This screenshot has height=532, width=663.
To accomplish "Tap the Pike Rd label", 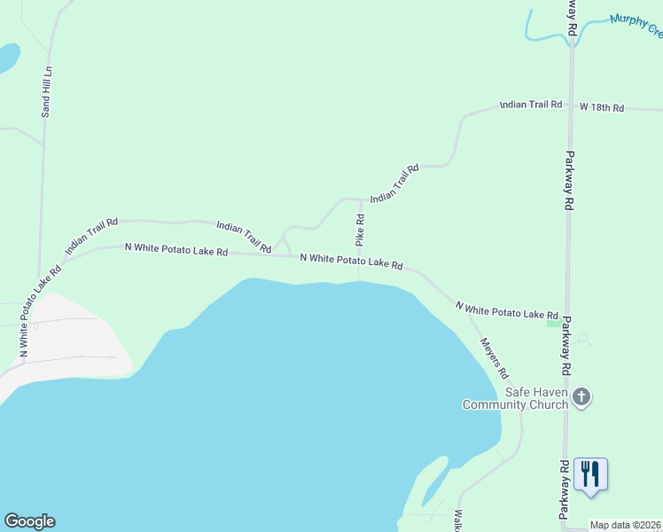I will [x=360, y=230].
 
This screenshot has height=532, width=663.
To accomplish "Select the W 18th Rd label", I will [x=602, y=107].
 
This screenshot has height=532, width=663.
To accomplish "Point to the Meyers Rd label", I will [x=493, y=358].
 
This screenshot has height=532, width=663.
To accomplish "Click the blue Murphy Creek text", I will [x=636, y=25].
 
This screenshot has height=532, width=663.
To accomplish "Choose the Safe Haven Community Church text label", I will [x=515, y=398].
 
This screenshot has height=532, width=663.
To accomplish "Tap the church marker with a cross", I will [x=581, y=396].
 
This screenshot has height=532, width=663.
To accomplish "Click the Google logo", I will [x=29, y=521].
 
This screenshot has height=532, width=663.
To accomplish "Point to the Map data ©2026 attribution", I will [x=626, y=525].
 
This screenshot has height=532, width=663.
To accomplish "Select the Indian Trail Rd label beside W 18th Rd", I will [x=531, y=105].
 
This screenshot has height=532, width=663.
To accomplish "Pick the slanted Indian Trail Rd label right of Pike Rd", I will [x=394, y=184].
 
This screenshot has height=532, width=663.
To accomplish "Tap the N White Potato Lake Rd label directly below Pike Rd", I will [x=351, y=262].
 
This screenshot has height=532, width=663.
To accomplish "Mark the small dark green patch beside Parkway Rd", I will [x=554, y=323].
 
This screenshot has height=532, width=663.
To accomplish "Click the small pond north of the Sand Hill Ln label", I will [x=7, y=59].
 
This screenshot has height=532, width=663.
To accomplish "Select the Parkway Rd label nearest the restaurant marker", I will [x=564, y=489].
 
